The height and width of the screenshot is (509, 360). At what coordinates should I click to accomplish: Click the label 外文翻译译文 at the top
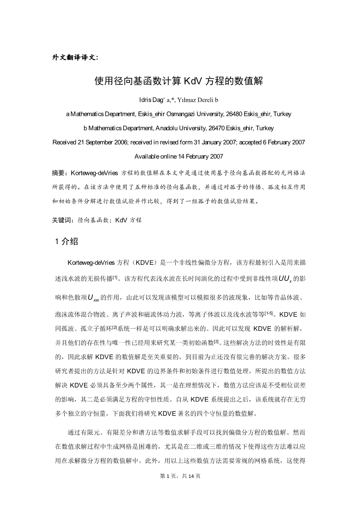[x=75, y=58]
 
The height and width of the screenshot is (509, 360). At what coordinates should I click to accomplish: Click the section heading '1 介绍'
[x=67, y=241]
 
